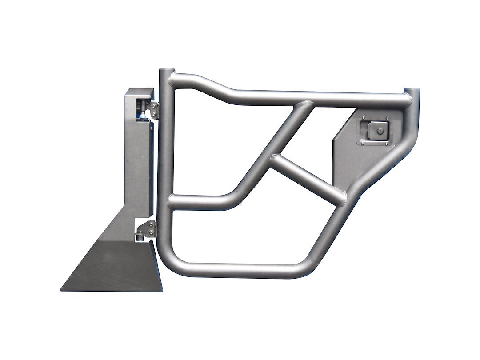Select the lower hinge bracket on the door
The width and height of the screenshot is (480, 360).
pyautogui.click(x=152, y=228)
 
